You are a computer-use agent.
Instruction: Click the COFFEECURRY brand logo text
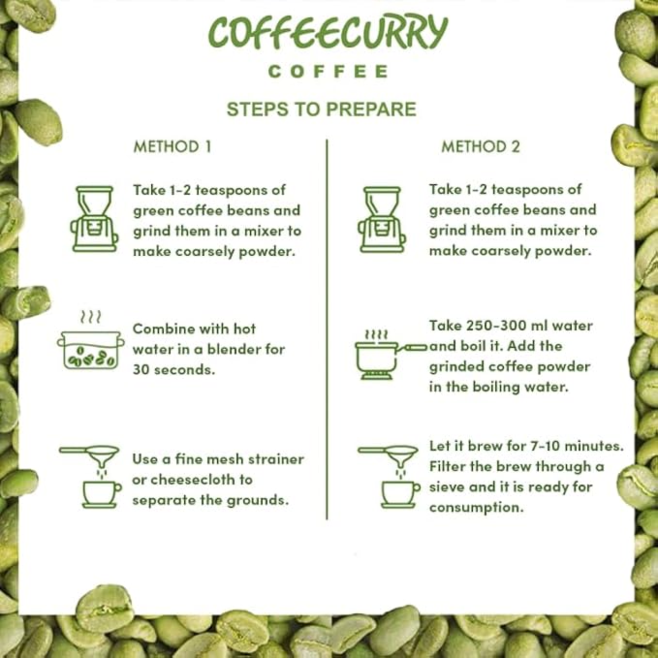(329, 32)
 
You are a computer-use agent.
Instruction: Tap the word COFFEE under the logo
(329, 72)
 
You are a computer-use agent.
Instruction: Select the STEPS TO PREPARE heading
(322, 110)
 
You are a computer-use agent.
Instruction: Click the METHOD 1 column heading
(172, 146)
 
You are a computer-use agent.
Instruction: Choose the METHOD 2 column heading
(481, 146)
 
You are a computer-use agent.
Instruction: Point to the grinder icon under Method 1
(94, 219)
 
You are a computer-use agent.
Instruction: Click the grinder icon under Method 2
(382, 219)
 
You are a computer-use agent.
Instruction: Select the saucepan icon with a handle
(391, 355)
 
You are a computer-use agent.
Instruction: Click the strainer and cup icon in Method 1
(91, 476)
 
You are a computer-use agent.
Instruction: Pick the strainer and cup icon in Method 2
(389, 476)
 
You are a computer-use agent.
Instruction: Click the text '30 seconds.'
(173, 370)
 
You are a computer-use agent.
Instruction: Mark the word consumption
(476, 508)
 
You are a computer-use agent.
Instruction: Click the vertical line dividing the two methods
(327, 329)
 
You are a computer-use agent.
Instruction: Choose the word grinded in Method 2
(455, 366)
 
